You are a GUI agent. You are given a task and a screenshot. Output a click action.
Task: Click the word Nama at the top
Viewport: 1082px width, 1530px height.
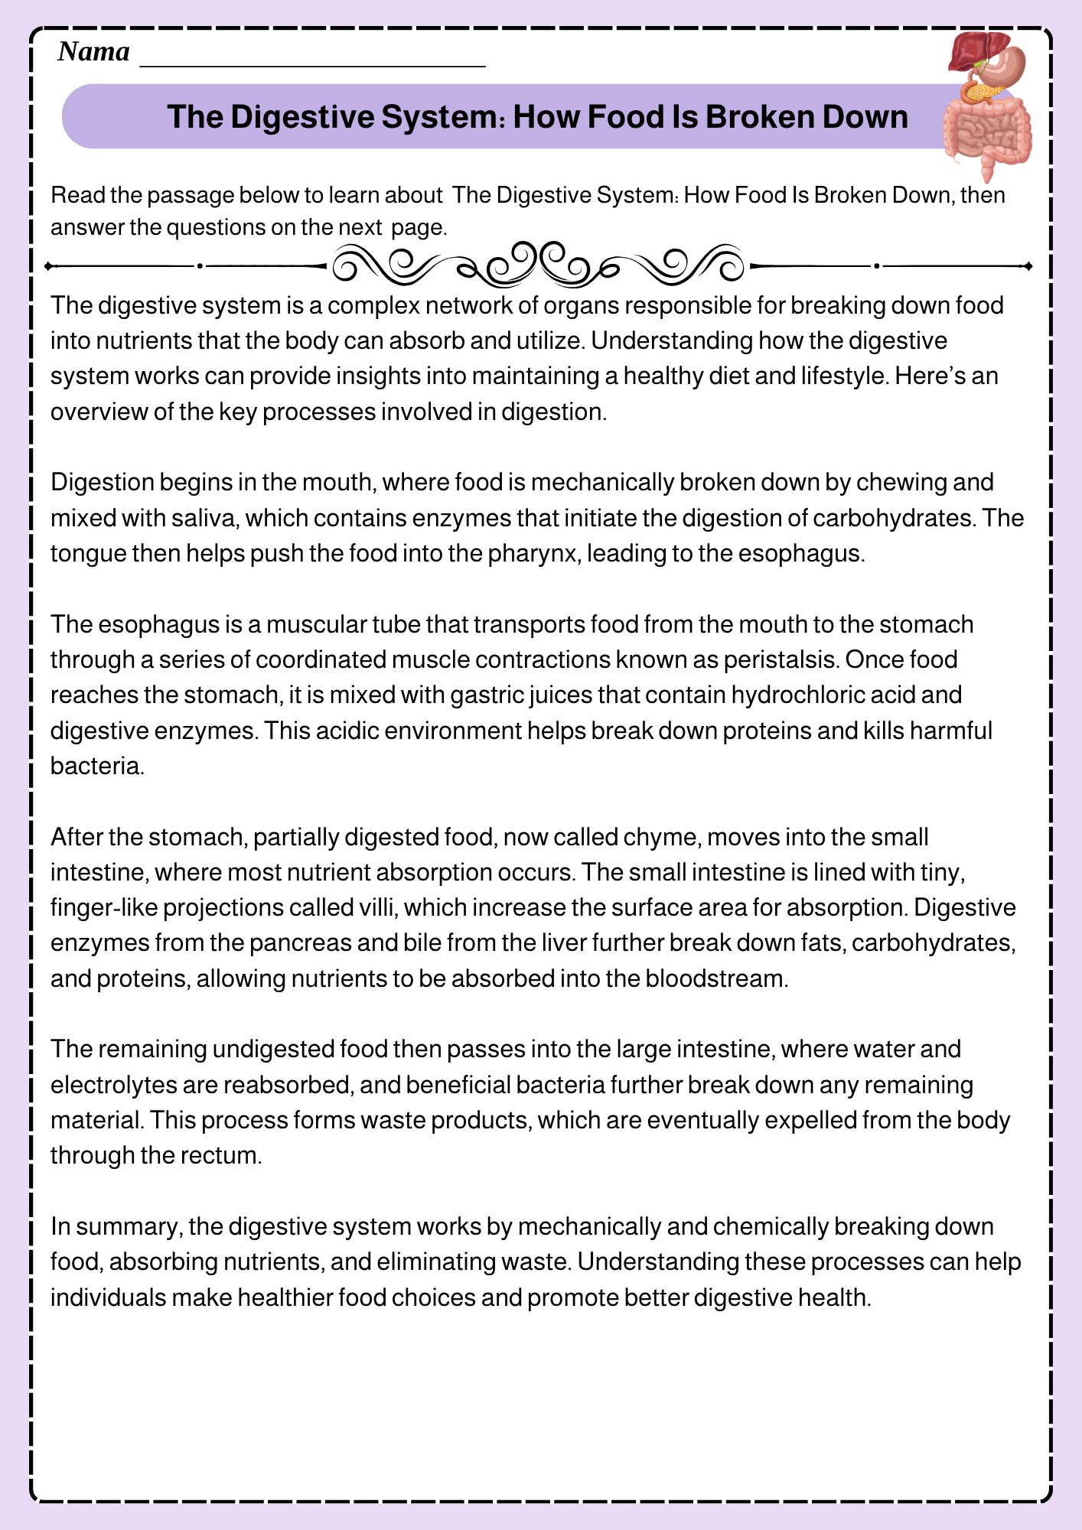tap(93, 52)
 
